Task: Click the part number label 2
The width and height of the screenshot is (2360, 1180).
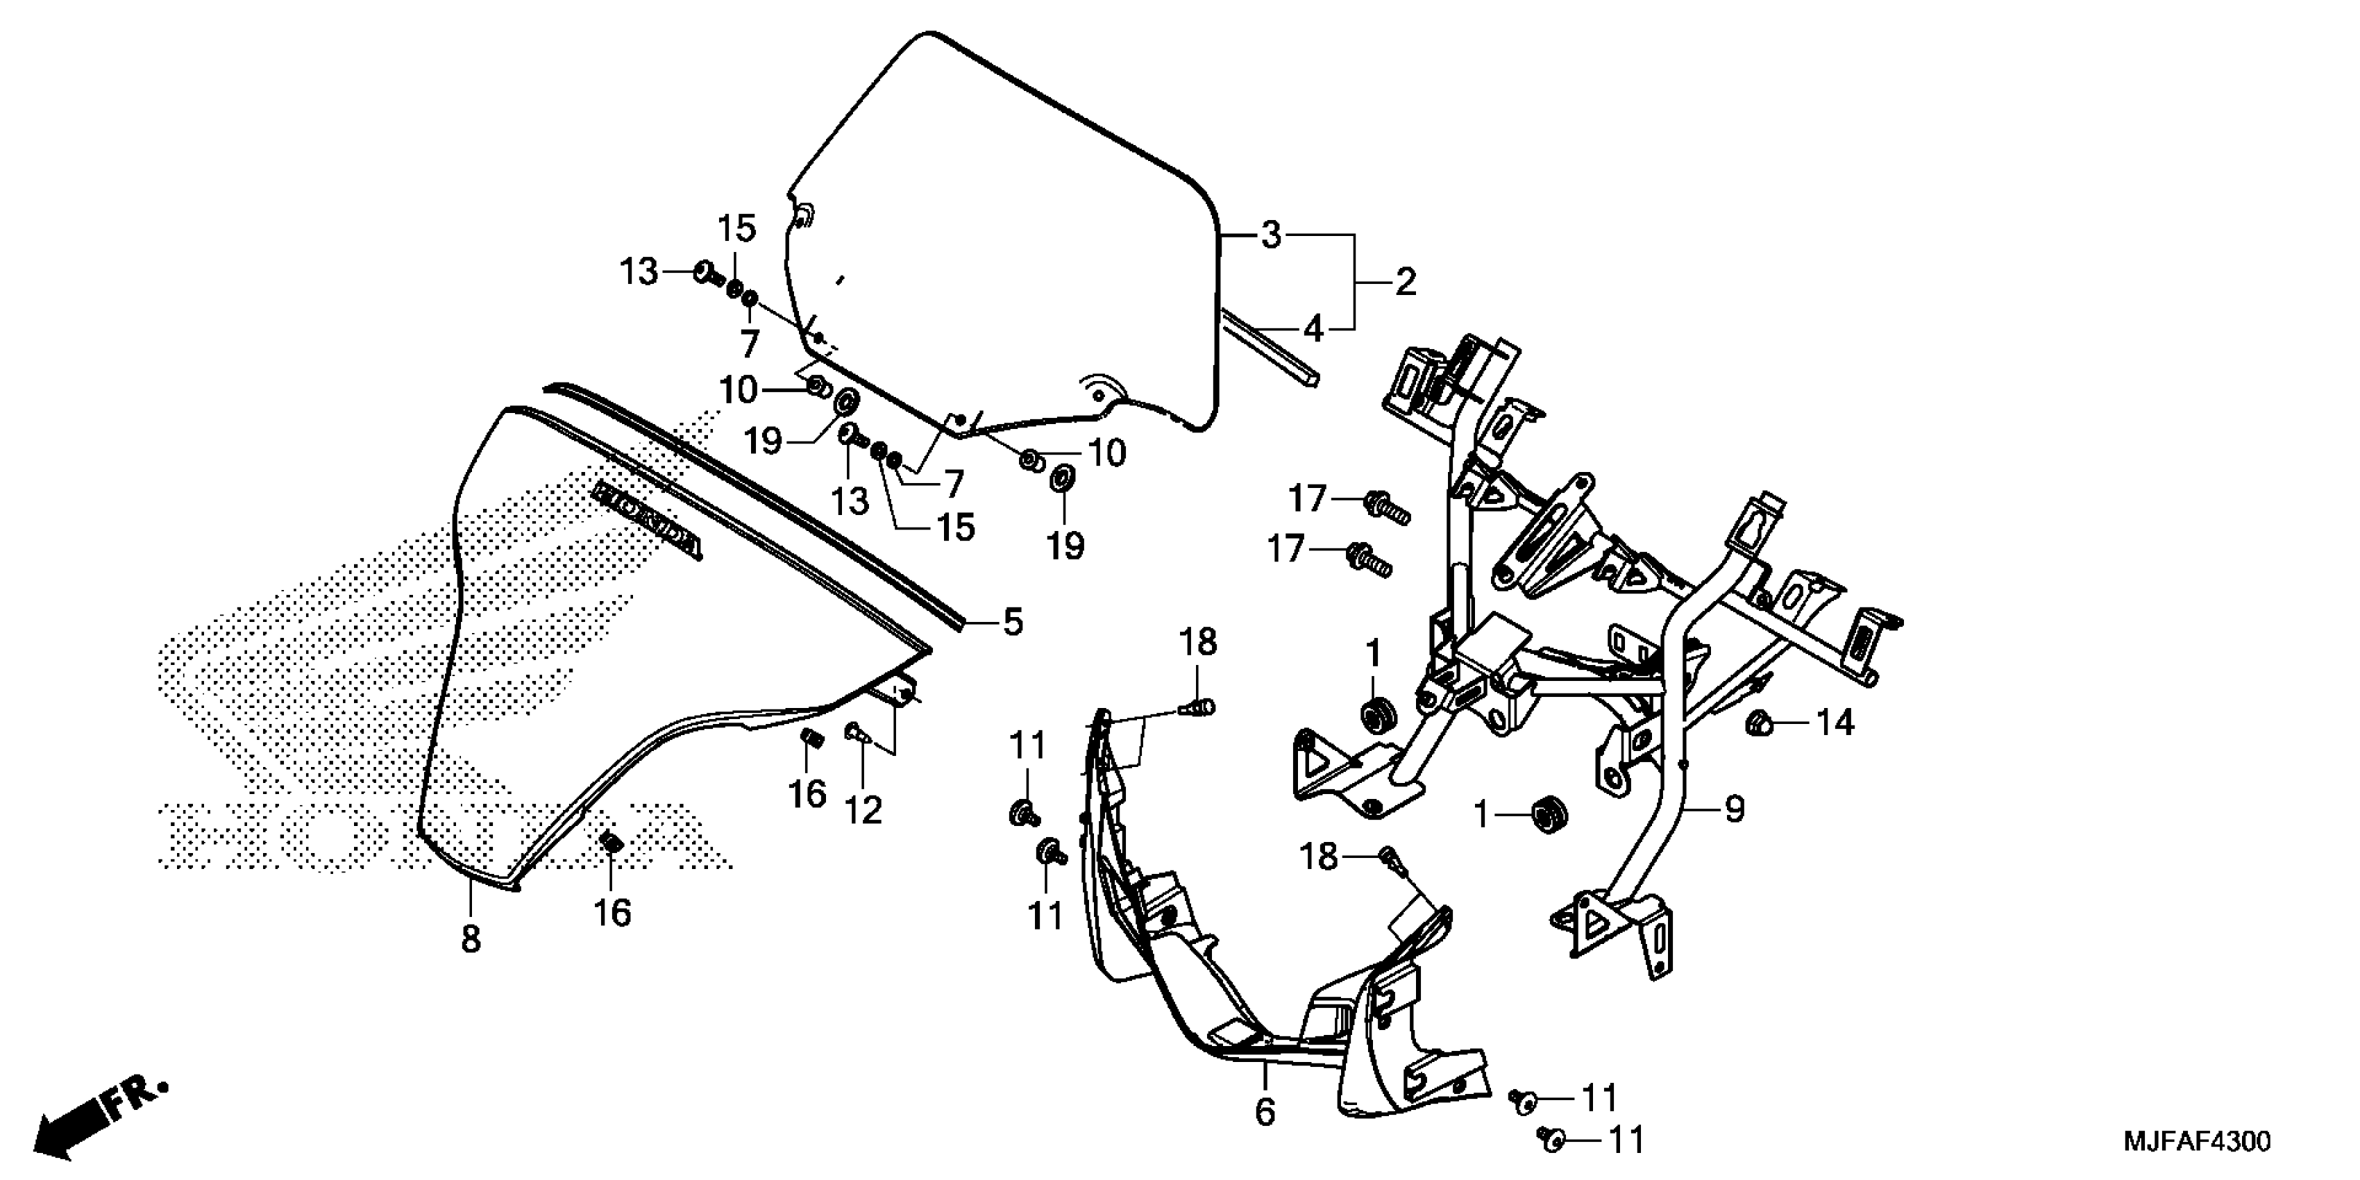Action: point(1406,283)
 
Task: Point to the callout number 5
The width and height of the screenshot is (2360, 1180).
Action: point(1011,623)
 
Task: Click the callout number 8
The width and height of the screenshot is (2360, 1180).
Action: point(470,939)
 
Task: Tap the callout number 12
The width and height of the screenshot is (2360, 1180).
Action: point(863,810)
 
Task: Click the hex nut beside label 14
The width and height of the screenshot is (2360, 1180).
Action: point(1756,724)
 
